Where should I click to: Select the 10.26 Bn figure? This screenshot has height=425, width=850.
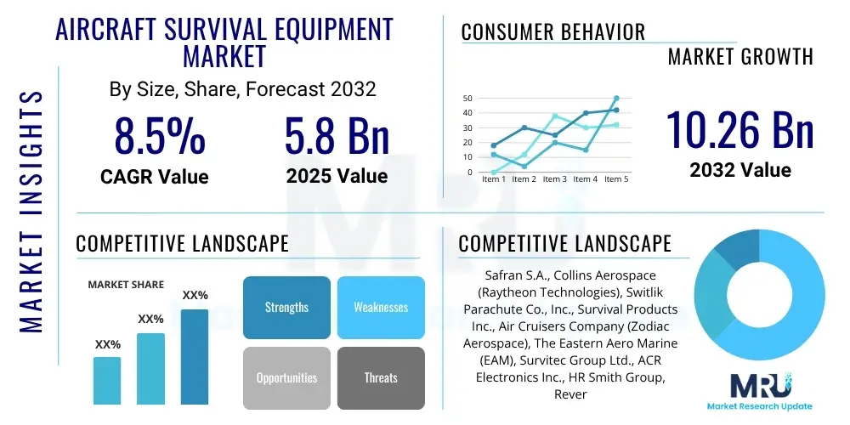pos(739,130)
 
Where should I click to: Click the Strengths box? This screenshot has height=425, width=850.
pos(286,307)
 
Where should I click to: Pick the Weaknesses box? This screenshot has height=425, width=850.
pos(381,307)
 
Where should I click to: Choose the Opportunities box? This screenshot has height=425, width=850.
pos(286,377)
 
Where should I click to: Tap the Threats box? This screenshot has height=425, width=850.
pos(381,377)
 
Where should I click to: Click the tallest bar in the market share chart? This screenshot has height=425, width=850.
pos(195,356)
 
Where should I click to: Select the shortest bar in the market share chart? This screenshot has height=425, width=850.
pos(107,380)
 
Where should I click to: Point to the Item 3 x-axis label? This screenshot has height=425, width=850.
pos(554,179)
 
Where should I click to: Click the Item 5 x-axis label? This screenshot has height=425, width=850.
pos(615,179)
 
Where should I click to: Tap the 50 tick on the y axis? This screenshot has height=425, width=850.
pos(467,99)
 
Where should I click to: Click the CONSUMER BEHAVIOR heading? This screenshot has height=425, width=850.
pos(552,32)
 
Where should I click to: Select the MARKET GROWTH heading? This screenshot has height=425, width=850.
pos(740,57)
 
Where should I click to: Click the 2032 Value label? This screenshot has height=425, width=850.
pos(740,169)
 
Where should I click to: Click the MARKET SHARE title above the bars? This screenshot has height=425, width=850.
pos(127,285)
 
